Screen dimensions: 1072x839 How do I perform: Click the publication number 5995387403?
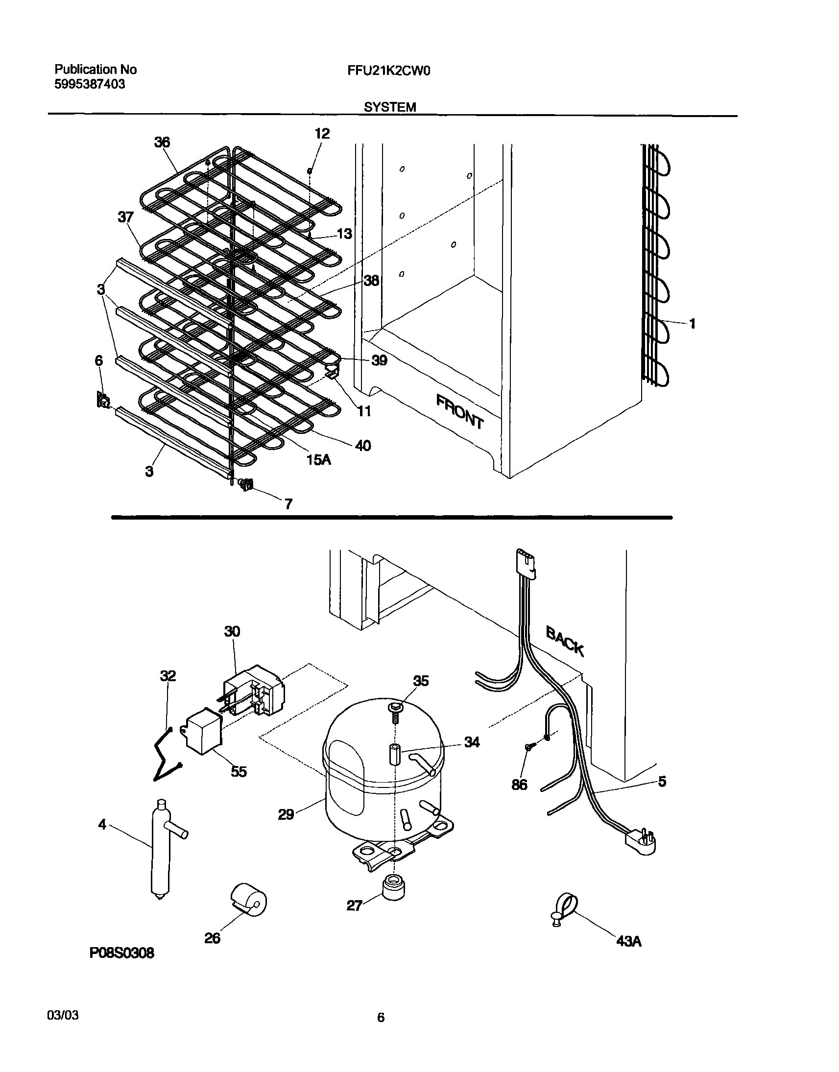(90, 84)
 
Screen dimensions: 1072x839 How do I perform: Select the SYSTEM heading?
(390, 107)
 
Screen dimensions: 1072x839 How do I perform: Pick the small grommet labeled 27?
(393, 887)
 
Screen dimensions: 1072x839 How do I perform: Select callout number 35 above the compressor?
(421, 681)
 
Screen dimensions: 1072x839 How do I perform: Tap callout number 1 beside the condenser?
(692, 324)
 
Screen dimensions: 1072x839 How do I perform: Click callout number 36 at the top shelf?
(162, 143)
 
